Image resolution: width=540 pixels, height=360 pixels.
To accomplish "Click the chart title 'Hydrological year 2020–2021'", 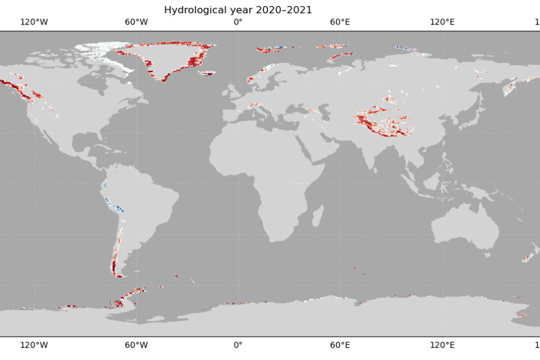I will tap(238, 10).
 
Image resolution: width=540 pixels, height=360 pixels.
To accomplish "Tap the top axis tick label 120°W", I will tap(34, 22).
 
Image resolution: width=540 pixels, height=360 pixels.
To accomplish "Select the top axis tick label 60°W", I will tap(136, 22).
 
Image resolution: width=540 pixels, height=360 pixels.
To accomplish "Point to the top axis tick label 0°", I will tap(238, 22).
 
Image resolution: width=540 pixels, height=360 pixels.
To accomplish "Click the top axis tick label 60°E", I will tap(340, 22).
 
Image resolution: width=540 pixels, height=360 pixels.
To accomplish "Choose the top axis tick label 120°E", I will tap(442, 22).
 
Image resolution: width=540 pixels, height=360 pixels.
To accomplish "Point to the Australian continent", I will tap(465, 228).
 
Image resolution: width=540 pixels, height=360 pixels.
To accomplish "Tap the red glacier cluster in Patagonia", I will tap(113, 265).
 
